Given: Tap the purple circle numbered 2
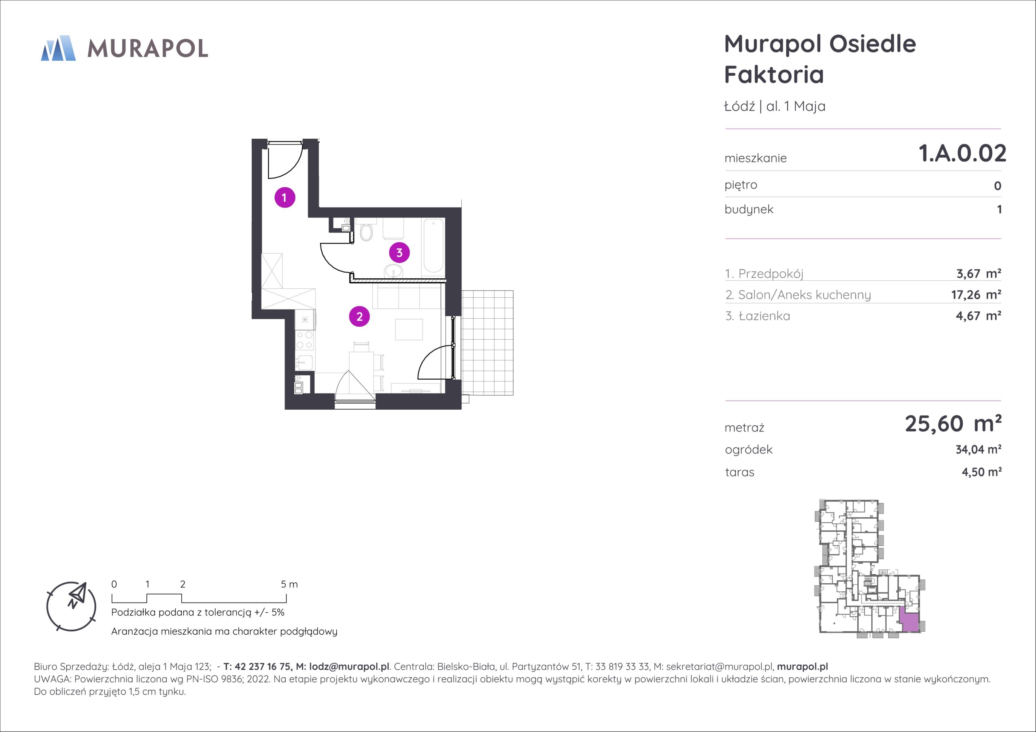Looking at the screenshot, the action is (x=359, y=317).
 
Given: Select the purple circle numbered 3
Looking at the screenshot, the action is (x=399, y=253).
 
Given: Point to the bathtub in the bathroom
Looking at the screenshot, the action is (x=433, y=246).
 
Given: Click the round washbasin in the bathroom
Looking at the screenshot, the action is (x=393, y=272).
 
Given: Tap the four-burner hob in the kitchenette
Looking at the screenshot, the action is (x=305, y=340).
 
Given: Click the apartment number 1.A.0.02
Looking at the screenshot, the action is (x=962, y=153).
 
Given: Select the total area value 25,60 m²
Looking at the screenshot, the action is (x=953, y=424).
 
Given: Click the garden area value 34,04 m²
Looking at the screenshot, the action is (x=978, y=449).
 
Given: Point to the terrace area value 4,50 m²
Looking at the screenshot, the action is (x=981, y=472).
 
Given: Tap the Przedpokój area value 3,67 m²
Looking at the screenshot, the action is (x=978, y=273).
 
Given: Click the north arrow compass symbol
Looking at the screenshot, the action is (x=71, y=606).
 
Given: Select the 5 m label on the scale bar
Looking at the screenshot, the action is (x=289, y=584).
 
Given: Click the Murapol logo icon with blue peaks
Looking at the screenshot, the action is (x=58, y=48).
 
